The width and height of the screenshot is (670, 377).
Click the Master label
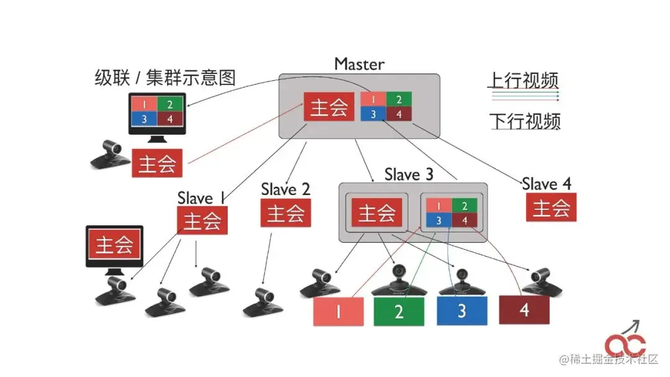click(359, 63)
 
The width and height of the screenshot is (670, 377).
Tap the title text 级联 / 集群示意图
click(165, 78)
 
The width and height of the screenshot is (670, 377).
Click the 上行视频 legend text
click(523, 79)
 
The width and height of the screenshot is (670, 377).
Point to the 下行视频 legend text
click(525, 120)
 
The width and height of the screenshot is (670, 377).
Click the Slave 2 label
click(285, 188)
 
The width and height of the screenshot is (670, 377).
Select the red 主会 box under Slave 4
click(551, 207)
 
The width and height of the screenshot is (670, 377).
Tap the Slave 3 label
click(409, 175)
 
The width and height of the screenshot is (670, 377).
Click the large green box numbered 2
click(399, 311)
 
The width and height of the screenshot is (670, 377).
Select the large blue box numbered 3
click(462, 311)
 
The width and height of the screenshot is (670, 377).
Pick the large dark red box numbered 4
click(524, 309)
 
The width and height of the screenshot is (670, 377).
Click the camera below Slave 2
click(263, 302)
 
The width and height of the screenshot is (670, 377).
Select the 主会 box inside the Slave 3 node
click(377, 213)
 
